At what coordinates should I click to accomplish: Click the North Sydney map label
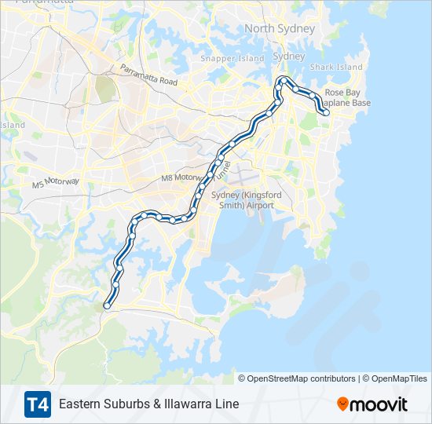pos(280,29)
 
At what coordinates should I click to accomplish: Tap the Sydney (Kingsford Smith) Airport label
pos(241,199)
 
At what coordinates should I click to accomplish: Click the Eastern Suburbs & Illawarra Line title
pos(148,404)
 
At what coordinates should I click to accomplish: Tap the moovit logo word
pos(380,404)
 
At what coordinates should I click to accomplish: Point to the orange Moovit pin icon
pos(343,404)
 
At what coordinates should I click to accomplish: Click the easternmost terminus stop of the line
pos(326,113)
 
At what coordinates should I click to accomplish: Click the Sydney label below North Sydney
pos(288,57)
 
